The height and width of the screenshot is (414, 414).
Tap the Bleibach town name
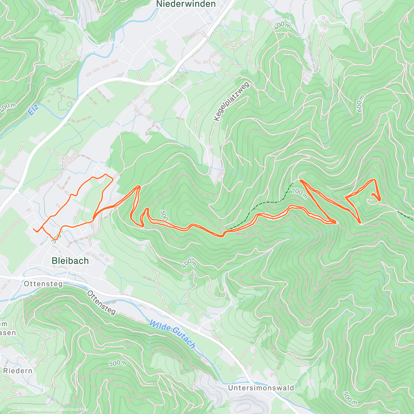point(70,261)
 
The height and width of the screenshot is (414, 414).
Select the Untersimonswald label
point(261,388)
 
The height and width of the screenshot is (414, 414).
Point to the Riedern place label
point(18,371)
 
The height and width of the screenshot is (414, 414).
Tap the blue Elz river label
point(33,110)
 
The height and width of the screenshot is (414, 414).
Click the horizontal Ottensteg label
point(43,284)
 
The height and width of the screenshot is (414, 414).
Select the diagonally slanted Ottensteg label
point(101,303)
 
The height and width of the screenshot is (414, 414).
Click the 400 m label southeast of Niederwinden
point(283,25)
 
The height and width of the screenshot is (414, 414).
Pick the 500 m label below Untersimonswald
point(350,398)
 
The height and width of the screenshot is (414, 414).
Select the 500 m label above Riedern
point(118,363)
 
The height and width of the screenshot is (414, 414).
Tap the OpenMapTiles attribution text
point(36,410)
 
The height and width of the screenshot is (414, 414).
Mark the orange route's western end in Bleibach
point(34,229)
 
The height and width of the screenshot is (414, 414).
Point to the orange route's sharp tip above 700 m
point(300,180)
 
